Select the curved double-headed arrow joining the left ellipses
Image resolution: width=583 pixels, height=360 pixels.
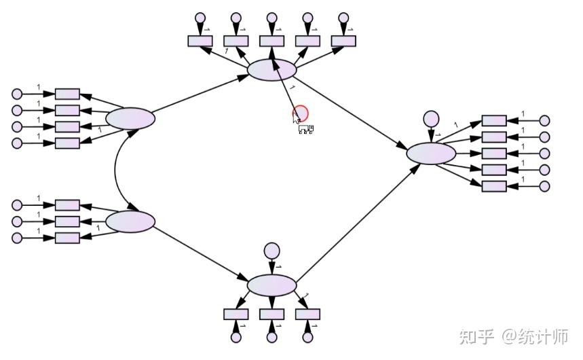click(115, 170)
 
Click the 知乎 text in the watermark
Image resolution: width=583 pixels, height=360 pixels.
click(476, 337)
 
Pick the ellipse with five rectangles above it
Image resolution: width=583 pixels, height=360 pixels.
click(271, 69)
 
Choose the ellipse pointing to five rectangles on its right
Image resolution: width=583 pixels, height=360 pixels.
click(431, 153)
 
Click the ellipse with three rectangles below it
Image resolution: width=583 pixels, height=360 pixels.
click(271, 285)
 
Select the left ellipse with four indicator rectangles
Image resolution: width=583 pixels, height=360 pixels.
click(130, 119)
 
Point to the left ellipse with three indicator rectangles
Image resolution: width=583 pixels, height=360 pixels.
click(130, 221)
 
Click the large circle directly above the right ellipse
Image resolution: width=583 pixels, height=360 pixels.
click(431, 119)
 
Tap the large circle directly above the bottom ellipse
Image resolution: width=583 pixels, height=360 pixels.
click(271, 251)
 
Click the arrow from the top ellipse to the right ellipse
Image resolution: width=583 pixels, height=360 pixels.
click(352, 114)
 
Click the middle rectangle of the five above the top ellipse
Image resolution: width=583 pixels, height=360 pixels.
click(271, 41)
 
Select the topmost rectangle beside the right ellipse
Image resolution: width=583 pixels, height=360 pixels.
click(494, 121)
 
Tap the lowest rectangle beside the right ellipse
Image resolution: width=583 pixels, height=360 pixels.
click(494, 186)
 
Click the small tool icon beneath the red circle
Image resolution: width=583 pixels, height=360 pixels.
click(306, 129)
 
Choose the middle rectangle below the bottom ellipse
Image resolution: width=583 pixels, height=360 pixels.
click(271, 314)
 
